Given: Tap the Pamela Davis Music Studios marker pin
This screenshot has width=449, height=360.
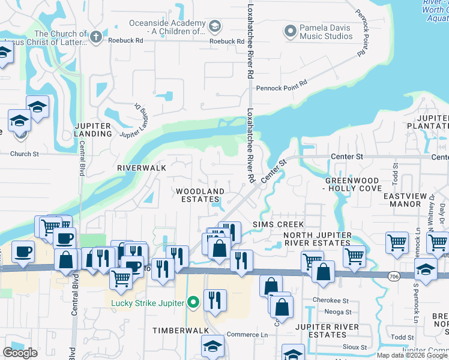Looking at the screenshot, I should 291,30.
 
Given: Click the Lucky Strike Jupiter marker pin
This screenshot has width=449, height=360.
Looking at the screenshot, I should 193,302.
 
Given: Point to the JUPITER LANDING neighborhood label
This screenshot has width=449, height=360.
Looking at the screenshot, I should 93,129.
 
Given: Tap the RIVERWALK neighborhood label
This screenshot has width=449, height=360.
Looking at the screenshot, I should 142,168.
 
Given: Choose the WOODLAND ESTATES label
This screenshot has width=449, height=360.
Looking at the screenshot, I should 200,195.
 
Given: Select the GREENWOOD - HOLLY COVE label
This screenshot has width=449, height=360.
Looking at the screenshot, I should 353,184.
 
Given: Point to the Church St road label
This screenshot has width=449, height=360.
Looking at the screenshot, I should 24,154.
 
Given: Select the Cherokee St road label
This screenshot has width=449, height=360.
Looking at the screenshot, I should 330,300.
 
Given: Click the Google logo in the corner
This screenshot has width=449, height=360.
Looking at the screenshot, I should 20,353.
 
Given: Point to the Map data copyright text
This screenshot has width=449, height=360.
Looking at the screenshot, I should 412,355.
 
